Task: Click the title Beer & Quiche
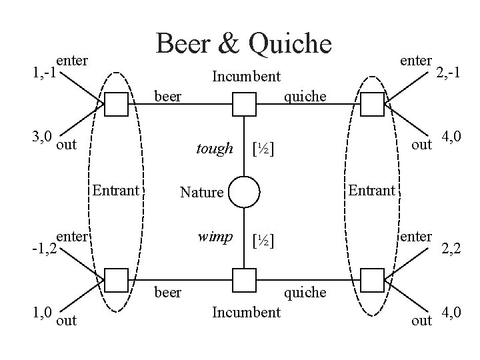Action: pyautogui.click(x=243, y=43)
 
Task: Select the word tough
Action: pyautogui.click(x=214, y=149)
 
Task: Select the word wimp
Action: pyautogui.click(x=215, y=237)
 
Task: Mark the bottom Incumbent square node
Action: pyautogui.click(x=245, y=280)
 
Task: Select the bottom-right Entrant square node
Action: pyautogui.click(x=371, y=280)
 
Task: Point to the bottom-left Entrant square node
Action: pyautogui.click(x=117, y=280)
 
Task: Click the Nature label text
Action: pyautogui.click(x=201, y=193)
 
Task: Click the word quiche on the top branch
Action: pyautogui.click(x=305, y=97)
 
